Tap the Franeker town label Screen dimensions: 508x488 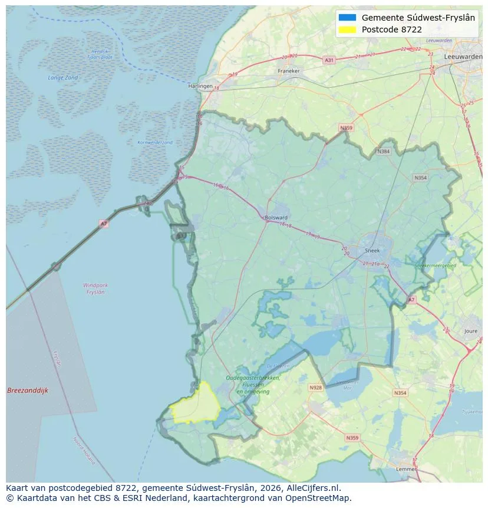(x=288, y=71)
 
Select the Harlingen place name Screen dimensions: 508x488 (x=200, y=86)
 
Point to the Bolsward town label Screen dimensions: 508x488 (x=276, y=217)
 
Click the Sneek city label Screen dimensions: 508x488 (x=373, y=250)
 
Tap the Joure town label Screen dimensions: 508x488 (x=470, y=332)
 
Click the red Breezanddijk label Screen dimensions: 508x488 (x=27, y=391)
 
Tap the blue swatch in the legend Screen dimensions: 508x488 (x=347, y=18)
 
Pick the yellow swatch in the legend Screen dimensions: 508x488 (x=347, y=30)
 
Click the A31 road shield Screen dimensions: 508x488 (x=329, y=60)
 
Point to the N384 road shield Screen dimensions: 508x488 (x=384, y=152)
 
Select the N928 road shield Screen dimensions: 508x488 (x=315, y=388)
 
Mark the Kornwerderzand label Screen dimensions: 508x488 (x=155, y=142)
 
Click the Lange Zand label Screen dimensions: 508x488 (x=62, y=78)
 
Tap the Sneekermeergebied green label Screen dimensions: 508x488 (x=435, y=266)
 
